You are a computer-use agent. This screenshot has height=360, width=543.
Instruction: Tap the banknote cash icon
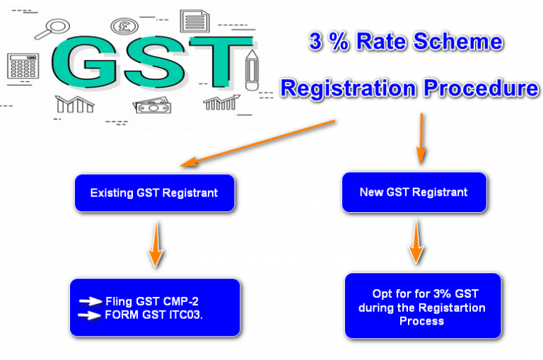pyautogui.click(x=151, y=106)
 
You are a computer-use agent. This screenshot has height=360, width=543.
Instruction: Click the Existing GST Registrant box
pyautogui.click(x=153, y=192)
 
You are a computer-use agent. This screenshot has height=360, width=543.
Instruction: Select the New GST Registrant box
pyautogui.click(x=414, y=192)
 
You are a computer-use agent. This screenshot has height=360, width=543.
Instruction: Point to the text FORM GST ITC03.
pyautogui.click(x=153, y=315)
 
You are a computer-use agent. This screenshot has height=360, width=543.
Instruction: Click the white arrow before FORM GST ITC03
pyautogui.click(x=90, y=315)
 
